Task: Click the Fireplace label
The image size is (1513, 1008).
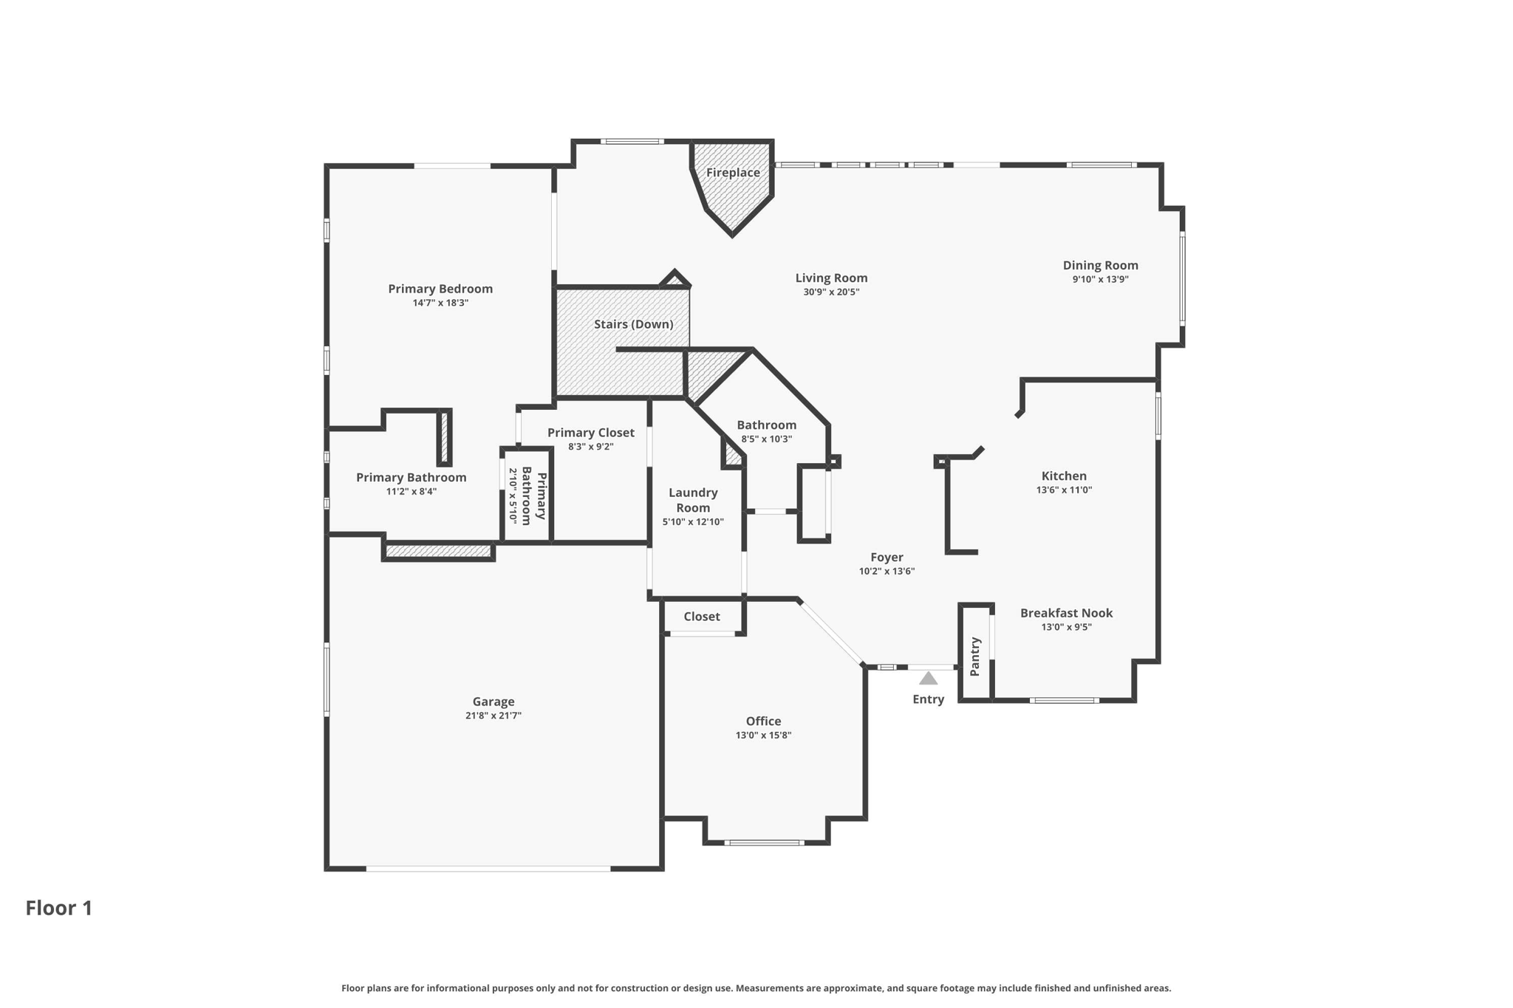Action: coord(733,173)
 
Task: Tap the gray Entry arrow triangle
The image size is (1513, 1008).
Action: coord(928,678)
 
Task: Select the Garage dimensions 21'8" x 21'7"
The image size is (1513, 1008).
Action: coord(493,716)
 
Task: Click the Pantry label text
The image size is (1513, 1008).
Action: coord(974,656)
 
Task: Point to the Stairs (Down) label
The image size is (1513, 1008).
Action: coord(634,324)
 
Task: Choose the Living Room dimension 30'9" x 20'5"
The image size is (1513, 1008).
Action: coord(831,292)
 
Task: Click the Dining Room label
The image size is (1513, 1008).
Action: coord(1101,265)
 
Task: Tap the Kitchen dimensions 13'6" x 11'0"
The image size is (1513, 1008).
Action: coord(1064,490)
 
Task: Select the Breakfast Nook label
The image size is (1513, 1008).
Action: coord(1066,613)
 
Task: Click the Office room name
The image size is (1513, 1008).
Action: coord(763,721)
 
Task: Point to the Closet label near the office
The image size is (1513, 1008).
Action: coord(702,617)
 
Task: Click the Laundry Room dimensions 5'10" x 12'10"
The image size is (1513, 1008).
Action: coord(693,522)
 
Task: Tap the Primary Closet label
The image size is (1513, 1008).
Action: coord(591,433)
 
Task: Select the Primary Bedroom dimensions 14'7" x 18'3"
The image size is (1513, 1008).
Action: coord(440,303)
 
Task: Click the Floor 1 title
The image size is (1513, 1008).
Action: coord(59,908)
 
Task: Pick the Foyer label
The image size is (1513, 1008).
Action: coord(887,558)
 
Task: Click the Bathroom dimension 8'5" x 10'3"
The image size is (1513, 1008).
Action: coord(767,439)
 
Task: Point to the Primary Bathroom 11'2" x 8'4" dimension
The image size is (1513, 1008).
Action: coord(411,491)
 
